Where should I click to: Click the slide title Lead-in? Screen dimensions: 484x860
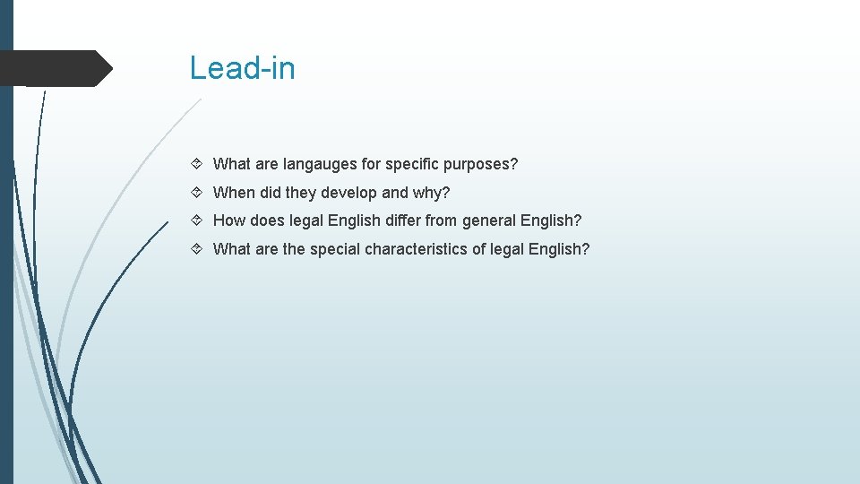pos(242,68)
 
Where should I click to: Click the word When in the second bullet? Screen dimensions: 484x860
pos(234,193)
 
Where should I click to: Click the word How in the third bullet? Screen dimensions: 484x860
pos(228,220)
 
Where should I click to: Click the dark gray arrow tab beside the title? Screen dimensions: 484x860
pos(54,68)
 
